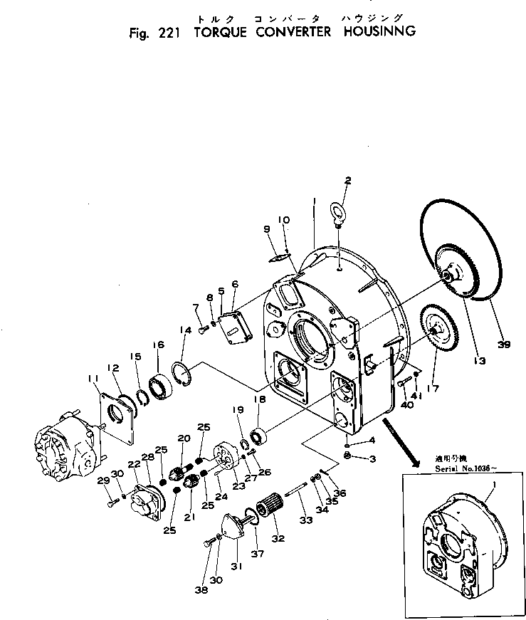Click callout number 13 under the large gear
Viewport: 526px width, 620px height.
479,361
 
